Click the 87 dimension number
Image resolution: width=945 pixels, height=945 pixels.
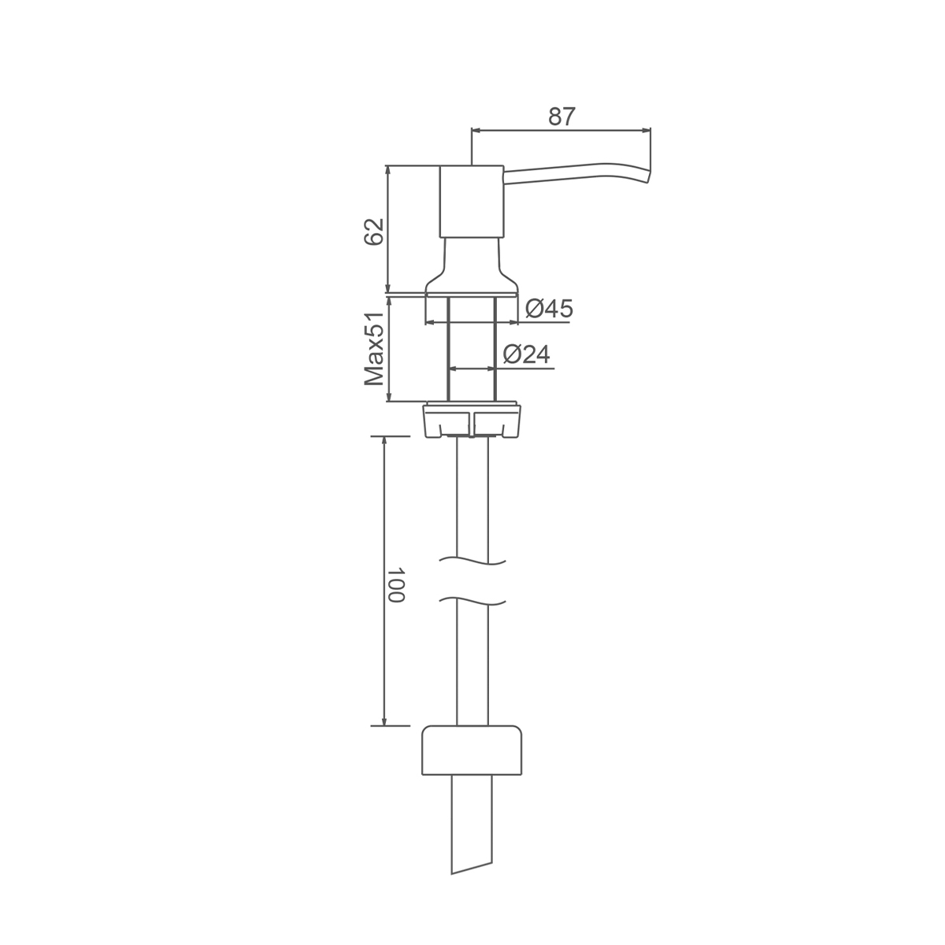click(561, 117)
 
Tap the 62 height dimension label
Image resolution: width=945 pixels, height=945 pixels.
click(373, 232)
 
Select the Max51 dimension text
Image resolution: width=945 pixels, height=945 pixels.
click(374, 349)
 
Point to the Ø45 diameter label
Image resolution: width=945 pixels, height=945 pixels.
click(549, 309)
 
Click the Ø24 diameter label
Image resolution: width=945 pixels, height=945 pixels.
click(527, 354)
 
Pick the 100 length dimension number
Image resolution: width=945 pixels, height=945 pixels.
click(395, 585)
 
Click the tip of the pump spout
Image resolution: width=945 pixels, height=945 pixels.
click(649, 176)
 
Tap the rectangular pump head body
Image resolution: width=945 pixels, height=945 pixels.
click(471, 202)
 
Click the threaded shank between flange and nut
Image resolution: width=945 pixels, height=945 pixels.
click(471, 349)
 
